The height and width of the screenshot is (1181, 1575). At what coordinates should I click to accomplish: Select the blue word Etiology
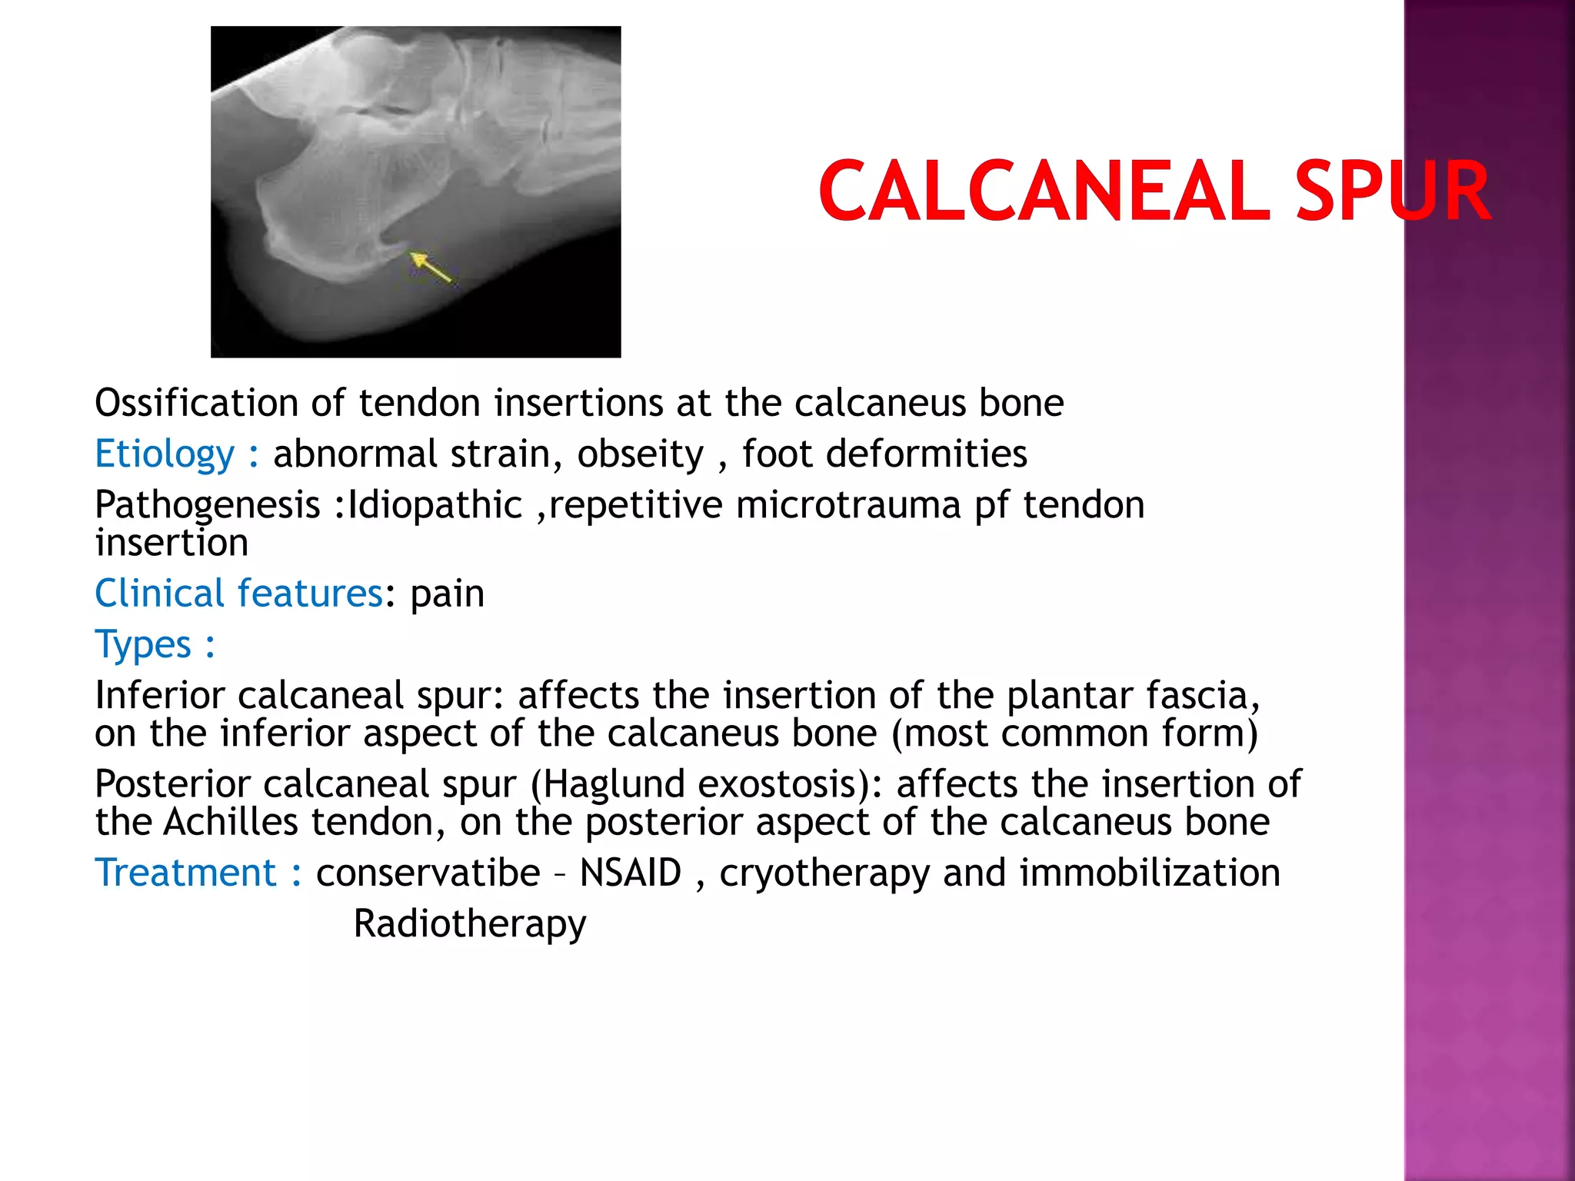pos(164,454)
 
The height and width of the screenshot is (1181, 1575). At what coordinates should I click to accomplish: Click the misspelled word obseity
pos(640,454)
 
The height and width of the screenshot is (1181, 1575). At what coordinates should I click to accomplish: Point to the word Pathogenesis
pos(207,505)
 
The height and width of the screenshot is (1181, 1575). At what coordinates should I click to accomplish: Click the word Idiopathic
pos(435,505)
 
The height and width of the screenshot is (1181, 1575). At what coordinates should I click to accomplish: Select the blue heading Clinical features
pos(238,594)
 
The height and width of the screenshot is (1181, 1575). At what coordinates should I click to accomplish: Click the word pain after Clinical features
pos(447,594)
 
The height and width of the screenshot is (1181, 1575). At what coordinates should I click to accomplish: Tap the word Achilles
pos(231,822)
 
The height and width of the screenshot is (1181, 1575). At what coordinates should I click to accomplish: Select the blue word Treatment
pos(185,873)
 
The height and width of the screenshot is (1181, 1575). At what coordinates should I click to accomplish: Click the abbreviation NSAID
pos(630,873)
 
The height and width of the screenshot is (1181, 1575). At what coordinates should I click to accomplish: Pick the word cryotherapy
pos(824,873)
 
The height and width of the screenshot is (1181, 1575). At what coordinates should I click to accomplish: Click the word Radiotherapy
pos(469,923)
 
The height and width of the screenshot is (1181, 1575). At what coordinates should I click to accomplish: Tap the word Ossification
pos(195,403)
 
